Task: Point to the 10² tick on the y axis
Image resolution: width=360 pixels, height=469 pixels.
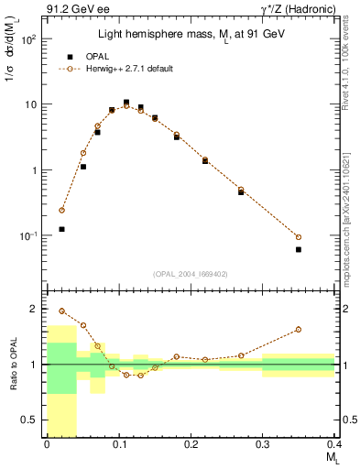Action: (x=30, y=39)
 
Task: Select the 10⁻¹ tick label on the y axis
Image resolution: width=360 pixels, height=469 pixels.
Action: (x=30, y=236)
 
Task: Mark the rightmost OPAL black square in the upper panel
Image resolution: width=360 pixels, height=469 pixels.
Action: (x=299, y=249)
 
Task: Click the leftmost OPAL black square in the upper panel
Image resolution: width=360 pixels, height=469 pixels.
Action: (x=61, y=229)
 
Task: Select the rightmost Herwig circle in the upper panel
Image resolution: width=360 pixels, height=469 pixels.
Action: (x=299, y=237)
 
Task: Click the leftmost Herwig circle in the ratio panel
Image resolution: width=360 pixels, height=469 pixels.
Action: (x=61, y=311)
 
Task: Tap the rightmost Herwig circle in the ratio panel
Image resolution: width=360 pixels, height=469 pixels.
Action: (x=299, y=330)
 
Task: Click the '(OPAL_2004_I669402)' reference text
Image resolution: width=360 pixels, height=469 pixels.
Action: (x=190, y=273)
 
